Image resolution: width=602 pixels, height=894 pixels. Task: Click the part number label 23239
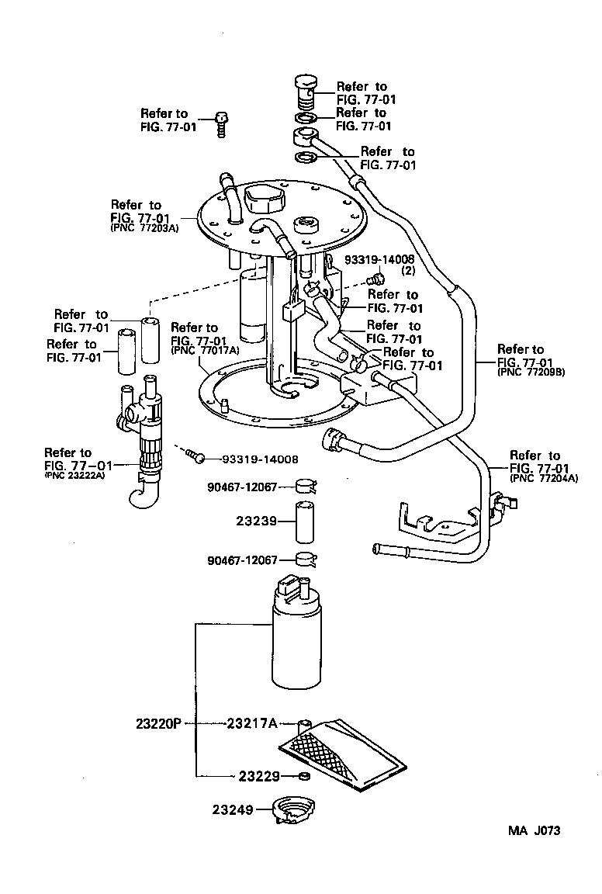[257, 521]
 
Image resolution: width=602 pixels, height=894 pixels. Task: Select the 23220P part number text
[157, 723]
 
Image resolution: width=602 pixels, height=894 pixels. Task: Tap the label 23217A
[252, 723]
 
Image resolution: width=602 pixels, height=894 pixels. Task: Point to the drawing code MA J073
[534, 830]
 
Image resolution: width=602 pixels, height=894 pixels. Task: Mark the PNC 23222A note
[75, 475]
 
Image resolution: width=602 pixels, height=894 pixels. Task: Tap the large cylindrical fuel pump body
[296, 644]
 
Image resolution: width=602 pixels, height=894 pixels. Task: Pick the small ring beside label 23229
[305, 776]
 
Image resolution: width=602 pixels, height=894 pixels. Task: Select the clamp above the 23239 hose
[306, 487]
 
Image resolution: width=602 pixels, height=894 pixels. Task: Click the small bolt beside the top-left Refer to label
[222, 123]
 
